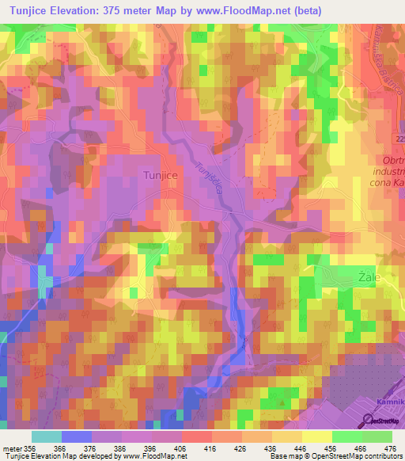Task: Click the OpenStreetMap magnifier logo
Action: tap(369, 421)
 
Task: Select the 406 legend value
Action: tap(181, 448)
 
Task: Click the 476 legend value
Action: tap(390, 448)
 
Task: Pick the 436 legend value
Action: tap(271, 448)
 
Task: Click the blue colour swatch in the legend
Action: tap(77, 436)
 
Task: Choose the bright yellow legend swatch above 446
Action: tap(316, 436)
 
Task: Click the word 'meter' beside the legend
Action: tap(11, 448)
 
